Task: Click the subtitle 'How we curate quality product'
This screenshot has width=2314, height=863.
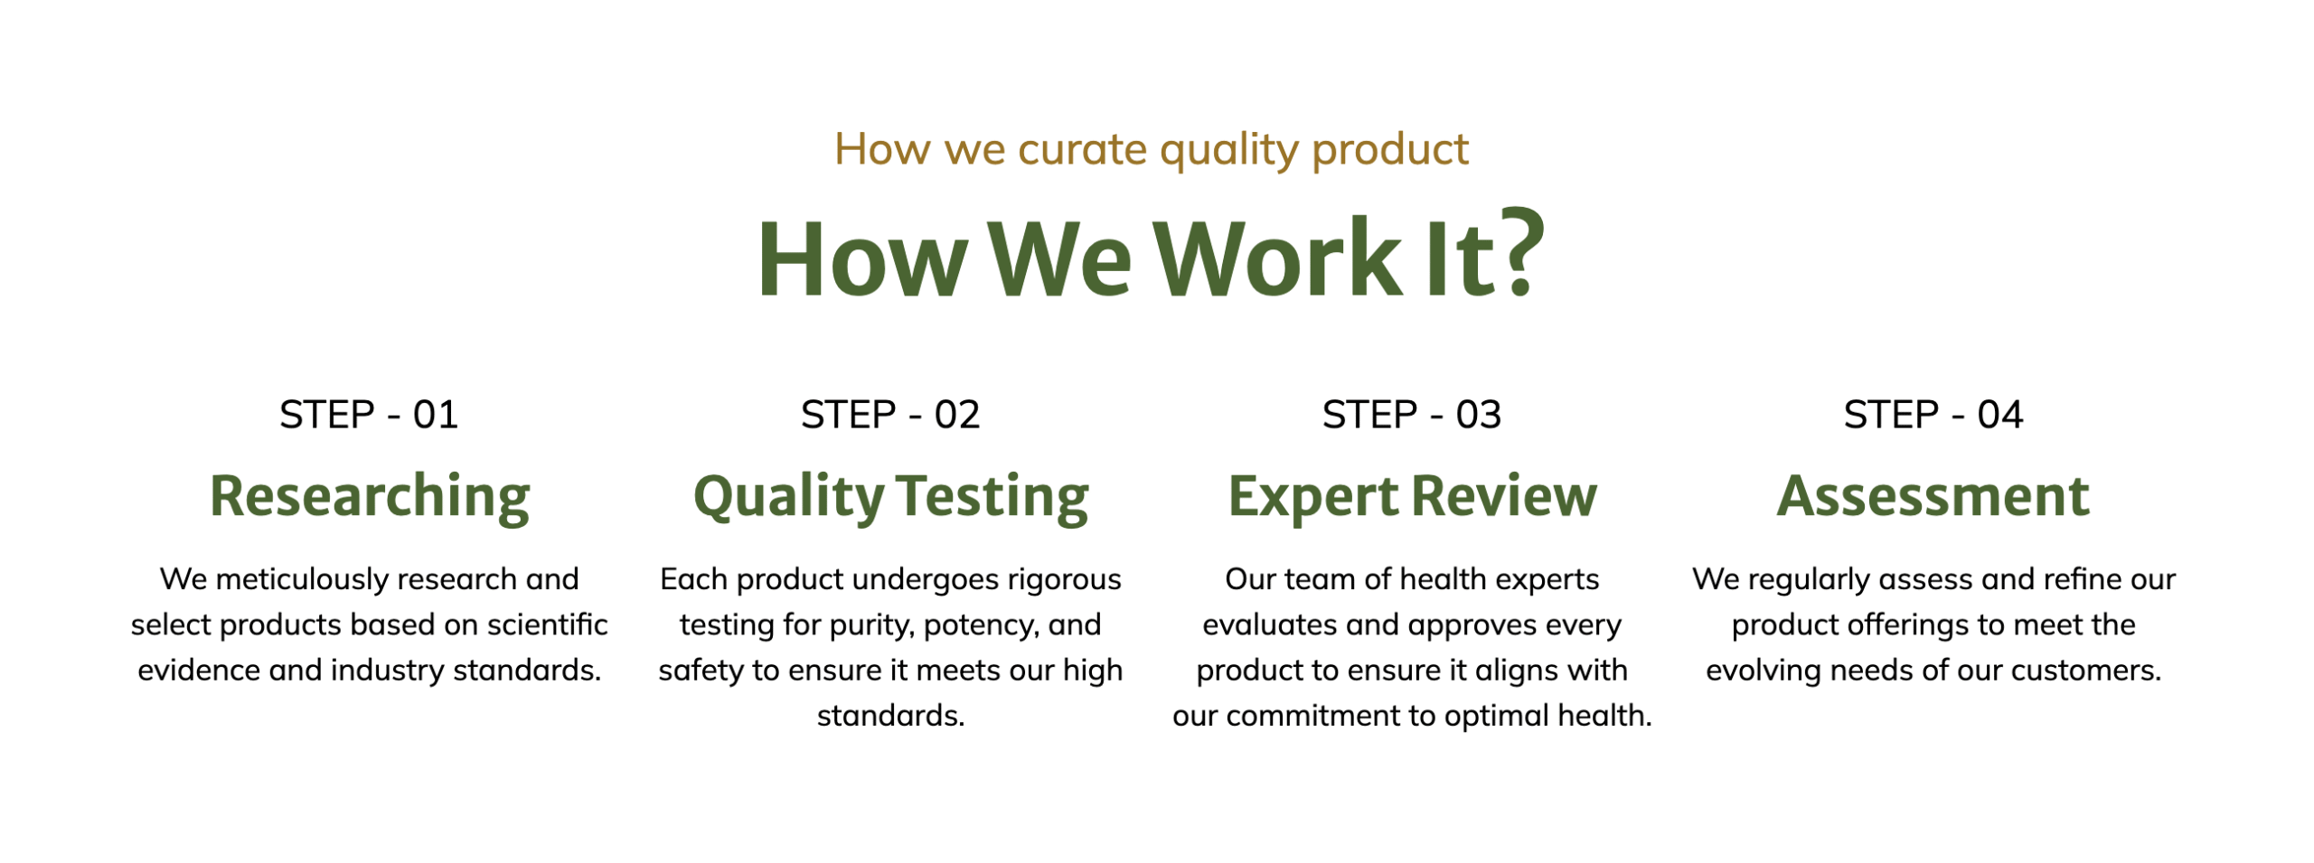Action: [1151, 150]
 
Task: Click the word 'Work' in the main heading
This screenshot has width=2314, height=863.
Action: [1278, 259]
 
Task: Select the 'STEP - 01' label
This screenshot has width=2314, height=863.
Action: [369, 415]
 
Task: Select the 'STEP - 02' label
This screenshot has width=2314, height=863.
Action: [890, 415]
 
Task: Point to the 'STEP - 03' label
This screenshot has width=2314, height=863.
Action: [1412, 415]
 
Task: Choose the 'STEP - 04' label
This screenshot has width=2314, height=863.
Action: [1933, 415]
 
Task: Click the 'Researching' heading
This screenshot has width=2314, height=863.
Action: [370, 498]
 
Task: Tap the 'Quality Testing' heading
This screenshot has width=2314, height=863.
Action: [891, 498]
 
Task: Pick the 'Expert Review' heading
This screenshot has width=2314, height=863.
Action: [1413, 498]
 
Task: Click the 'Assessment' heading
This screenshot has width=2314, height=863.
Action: [1933, 496]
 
